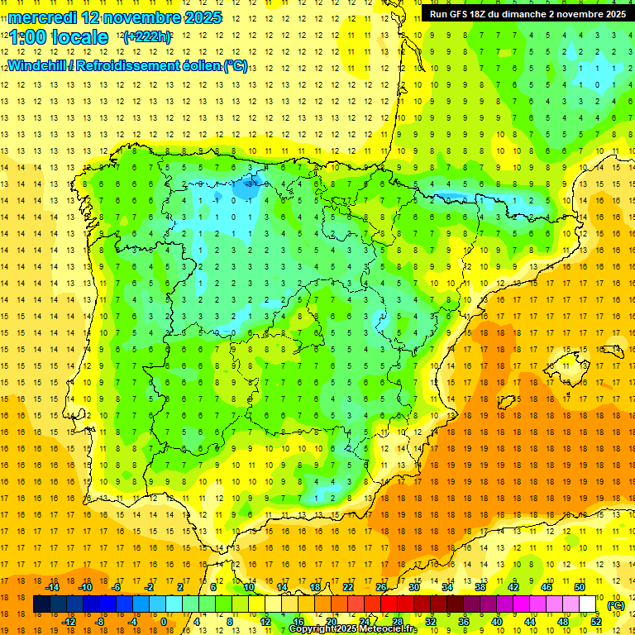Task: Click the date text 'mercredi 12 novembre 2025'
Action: pos(115,17)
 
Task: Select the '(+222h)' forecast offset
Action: pos(146,37)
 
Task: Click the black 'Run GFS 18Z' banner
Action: pos(527,14)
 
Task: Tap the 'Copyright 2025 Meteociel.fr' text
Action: pos(352,629)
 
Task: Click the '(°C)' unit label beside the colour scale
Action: pos(616,605)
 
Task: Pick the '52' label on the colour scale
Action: pos(596,622)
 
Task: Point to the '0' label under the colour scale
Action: pos(164,622)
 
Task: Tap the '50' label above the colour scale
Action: pos(580,587)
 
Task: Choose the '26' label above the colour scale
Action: pos(381,587)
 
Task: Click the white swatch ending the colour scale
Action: pos(588,604)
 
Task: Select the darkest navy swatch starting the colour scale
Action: pos(42,604)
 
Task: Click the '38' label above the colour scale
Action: pos(480,587)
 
